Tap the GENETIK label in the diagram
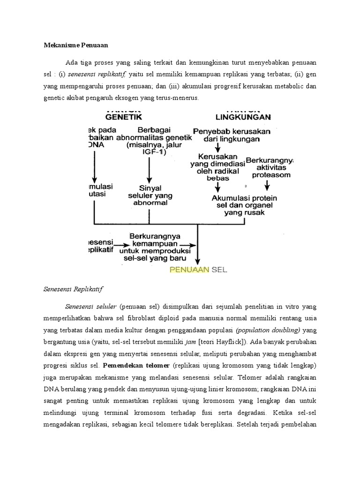(x=123, y=116)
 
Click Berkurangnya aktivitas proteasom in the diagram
(x=272, y=168)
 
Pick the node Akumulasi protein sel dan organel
(x=244, y=205)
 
